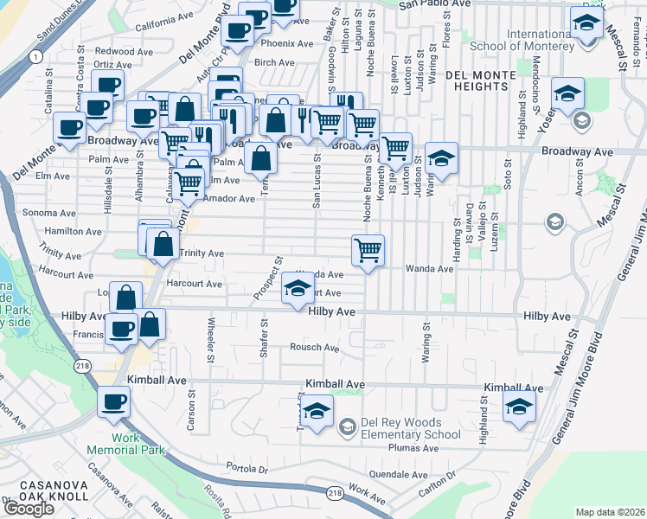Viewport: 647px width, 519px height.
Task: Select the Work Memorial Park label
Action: pos(125,445)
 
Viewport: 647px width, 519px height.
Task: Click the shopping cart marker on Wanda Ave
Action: pos(368,251)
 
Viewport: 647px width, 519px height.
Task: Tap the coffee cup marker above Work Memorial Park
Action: pos(113,402)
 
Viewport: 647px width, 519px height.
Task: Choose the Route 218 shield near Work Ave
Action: pos(336,493)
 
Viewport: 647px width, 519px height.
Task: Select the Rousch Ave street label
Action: pos(314,348)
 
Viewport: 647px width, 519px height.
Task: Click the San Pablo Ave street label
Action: pos(434,4)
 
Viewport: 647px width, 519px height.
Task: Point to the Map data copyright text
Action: pos(609,512)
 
